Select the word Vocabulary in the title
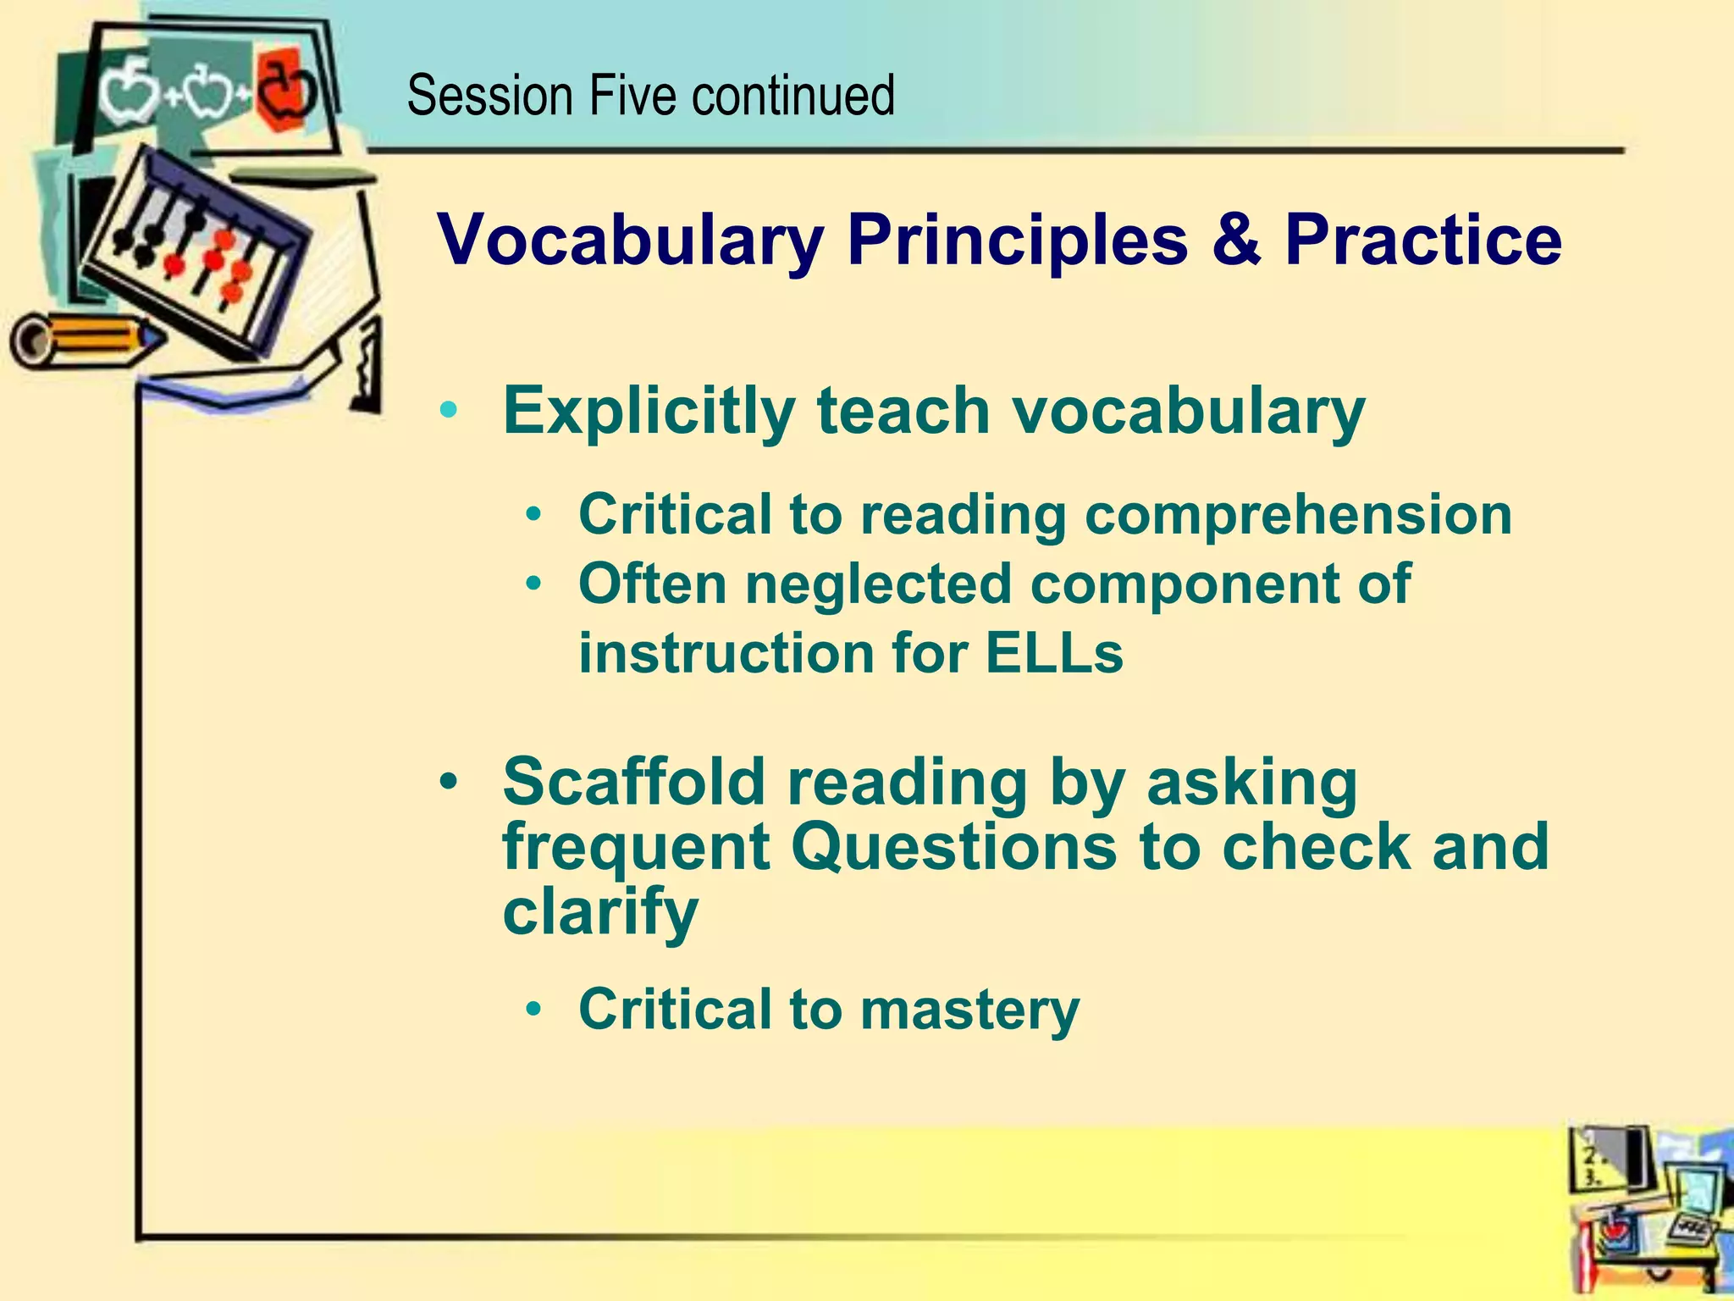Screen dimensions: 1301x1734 [631, 241]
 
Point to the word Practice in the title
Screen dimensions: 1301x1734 [1422, 239]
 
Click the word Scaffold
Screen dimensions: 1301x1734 [634, 781]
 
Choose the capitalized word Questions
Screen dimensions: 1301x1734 [953, 846]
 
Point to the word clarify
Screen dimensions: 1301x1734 [600, 913]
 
